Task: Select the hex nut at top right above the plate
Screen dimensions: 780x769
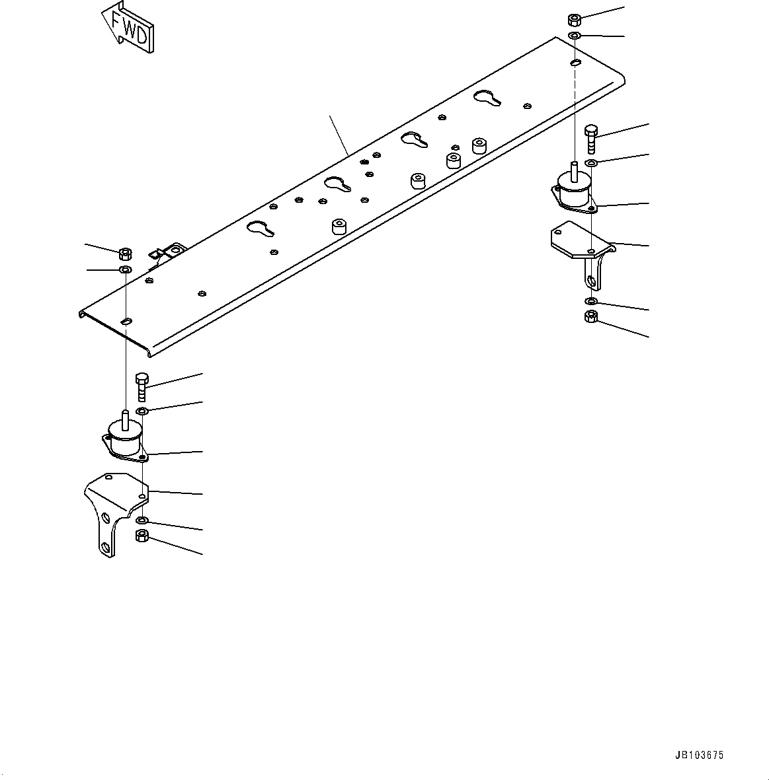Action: click(x=574, y=20)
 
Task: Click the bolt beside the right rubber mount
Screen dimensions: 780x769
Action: click(x=590, y=139)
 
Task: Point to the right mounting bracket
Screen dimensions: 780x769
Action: click(x=582, y=250)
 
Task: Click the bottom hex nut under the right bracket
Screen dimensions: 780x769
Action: click(x=592, y=317)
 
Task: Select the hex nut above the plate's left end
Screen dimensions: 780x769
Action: click(x=124, y=253)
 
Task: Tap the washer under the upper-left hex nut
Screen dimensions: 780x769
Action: click(x=124, y=270)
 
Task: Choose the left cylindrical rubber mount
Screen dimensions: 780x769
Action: click(x=125, y=438)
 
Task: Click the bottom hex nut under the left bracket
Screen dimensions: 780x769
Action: click(x=142, y=536)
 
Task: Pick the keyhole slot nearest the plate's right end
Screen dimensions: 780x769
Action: click(x=487, y=97)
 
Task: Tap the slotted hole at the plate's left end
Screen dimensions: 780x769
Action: click(x=127, y=322)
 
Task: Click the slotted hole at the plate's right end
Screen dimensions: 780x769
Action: click(x=575, y=63)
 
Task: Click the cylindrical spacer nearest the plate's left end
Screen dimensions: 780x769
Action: click(x=339, y=227)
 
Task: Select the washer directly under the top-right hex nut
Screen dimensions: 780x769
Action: click(x=575, y=35)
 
